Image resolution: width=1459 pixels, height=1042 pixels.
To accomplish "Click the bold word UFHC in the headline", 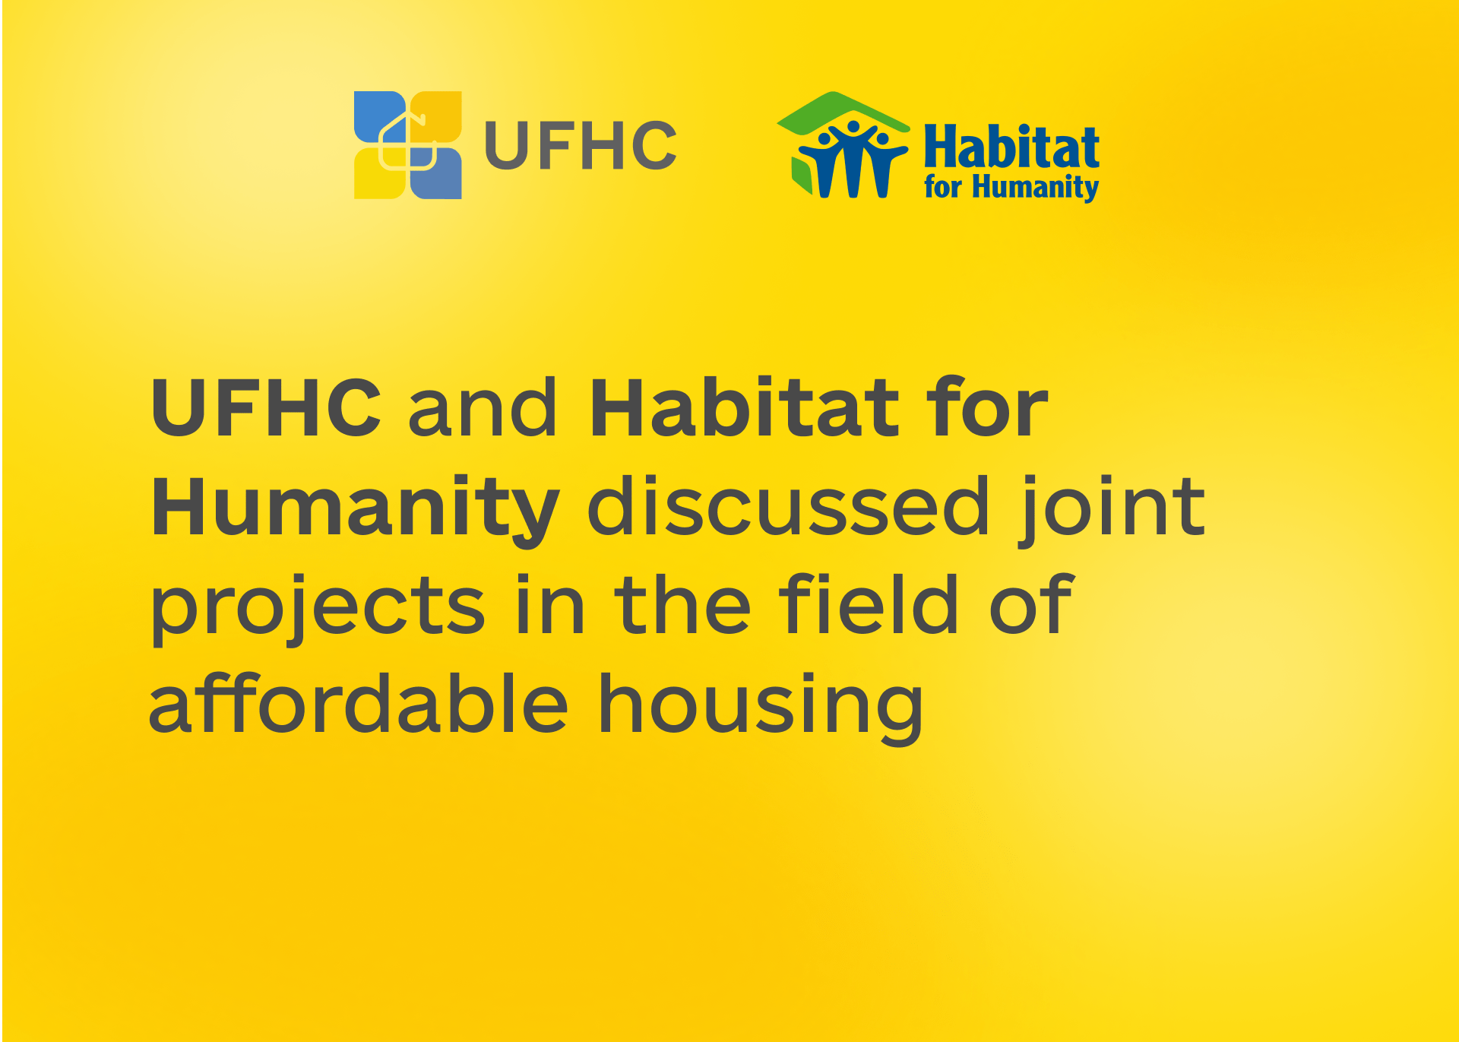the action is tap(266, 408).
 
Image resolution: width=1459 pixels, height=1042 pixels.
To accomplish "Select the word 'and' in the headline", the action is tap(483, 408).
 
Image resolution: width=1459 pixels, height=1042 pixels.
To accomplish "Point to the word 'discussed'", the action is tap(789, 505).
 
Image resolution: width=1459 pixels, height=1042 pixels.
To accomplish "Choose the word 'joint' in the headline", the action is tap(1112, 509).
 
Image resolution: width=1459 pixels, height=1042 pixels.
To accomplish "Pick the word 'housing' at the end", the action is tap(761, 707).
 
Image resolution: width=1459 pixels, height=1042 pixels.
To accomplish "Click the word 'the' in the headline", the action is tap(682, 604).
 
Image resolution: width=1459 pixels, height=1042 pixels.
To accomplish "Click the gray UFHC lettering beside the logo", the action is tap(581, 145).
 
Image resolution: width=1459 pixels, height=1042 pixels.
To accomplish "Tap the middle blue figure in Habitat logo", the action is tap(852, 159).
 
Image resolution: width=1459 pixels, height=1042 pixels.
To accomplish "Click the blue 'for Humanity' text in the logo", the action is tap(1011, 187).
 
